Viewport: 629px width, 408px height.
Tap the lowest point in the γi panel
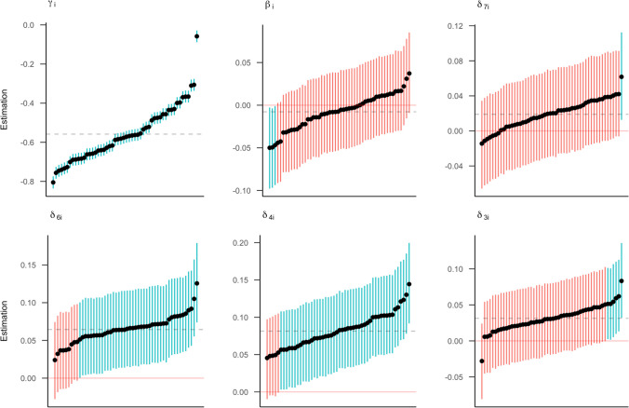tap(53, 183)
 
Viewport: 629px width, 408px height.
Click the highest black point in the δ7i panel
tap(621, 76)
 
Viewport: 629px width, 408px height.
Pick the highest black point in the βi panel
tap(408, 74)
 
